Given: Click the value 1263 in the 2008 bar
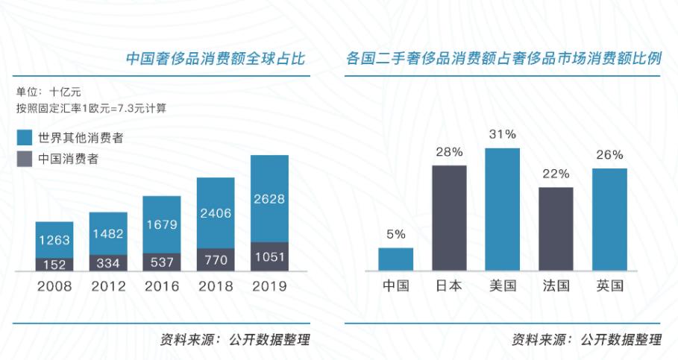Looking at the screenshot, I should (54, 239).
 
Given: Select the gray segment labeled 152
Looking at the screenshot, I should (54, 264).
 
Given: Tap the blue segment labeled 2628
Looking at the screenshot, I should (269, 198).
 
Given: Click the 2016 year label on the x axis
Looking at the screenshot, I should (162, 286).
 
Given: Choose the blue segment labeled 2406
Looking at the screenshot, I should (216, 212).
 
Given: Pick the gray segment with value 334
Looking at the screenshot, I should (108, 263).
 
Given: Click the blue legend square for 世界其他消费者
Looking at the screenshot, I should (24, 138).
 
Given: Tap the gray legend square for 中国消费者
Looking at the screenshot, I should (24, 159).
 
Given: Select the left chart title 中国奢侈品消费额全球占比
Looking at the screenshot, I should (216, 59).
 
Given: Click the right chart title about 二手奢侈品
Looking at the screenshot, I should (504, 59).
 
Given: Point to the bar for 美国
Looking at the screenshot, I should (502, 209).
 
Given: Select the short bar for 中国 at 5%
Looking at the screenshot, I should (395, 259).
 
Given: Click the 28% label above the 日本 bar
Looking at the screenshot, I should (449, 152).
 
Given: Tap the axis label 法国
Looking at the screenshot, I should (556, 286).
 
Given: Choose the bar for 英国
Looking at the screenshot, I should (609, 219).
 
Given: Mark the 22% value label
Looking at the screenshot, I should (556, 174).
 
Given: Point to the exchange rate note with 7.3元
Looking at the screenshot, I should (91, 109).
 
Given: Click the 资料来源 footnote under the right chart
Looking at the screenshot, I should (586, 340).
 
